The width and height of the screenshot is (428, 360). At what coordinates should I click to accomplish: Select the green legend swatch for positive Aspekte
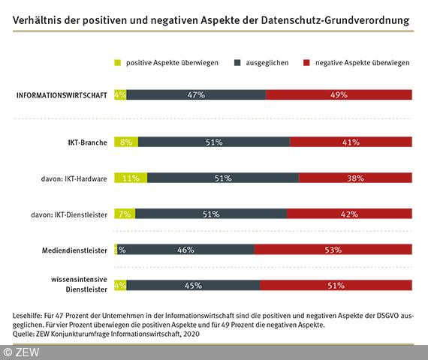(x=117, y=63)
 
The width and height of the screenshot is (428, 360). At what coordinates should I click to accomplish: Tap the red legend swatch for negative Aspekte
(x=306, y=63)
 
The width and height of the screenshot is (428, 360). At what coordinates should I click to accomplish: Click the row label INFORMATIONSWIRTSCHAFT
(x=62, y=95)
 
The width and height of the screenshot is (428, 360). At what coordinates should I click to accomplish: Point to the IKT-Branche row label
(x=87, y=142)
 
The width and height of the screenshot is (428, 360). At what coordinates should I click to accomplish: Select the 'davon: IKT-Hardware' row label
(x=74, y=178)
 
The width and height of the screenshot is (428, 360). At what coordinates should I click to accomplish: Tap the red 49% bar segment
(x=339, y=95)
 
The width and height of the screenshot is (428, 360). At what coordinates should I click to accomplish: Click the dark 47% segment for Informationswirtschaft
(x=196, y=95)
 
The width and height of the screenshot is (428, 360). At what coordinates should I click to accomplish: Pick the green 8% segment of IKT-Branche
(x=126, y=142)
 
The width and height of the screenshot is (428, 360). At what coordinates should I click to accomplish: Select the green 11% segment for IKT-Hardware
(x=131, y=178)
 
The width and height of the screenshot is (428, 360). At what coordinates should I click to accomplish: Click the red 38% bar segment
(x=355, y=178)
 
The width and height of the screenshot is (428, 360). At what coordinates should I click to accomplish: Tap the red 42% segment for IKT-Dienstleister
(x=349, y=214)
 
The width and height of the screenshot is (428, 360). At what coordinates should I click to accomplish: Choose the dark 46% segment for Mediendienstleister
(x=186, y=250)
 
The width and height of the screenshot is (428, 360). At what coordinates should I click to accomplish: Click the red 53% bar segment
(x=333, y=250)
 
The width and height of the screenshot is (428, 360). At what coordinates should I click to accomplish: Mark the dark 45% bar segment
(x=193, y=285)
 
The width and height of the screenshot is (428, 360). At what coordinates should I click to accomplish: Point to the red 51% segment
(x=336, y=285)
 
